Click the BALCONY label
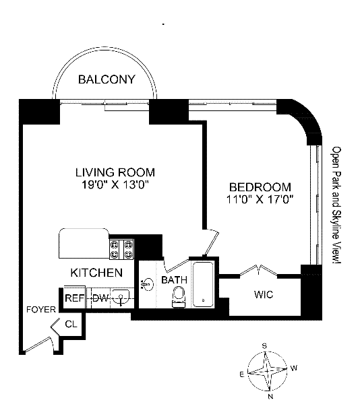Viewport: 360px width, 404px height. (x=107, y=79)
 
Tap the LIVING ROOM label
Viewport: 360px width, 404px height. (x=115, y=172)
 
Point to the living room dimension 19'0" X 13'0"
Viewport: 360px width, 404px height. (x=115, y=184)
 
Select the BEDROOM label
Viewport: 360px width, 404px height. (x=260, y=187)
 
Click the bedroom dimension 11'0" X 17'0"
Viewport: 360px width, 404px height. (x=260, y=199)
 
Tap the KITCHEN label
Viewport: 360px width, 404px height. (x=96, y=273)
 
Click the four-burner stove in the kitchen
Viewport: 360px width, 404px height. (x=122, y=249)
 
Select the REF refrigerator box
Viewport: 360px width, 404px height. (x=74, y=298)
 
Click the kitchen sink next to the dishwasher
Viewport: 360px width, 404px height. (x=121, y=297)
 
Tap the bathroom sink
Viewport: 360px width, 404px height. (x=147, y=284)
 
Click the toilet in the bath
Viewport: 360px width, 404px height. (x=179, y=297)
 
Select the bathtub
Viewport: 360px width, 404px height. (x=204, y=284)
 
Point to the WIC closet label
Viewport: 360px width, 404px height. (x=264, y=294)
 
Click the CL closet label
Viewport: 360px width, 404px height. (x=71, y=324)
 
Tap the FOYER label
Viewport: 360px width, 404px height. (x=41, y=310)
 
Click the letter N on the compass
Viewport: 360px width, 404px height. (x=270, y=397)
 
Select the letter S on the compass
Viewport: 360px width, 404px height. (x=264, y=346)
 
